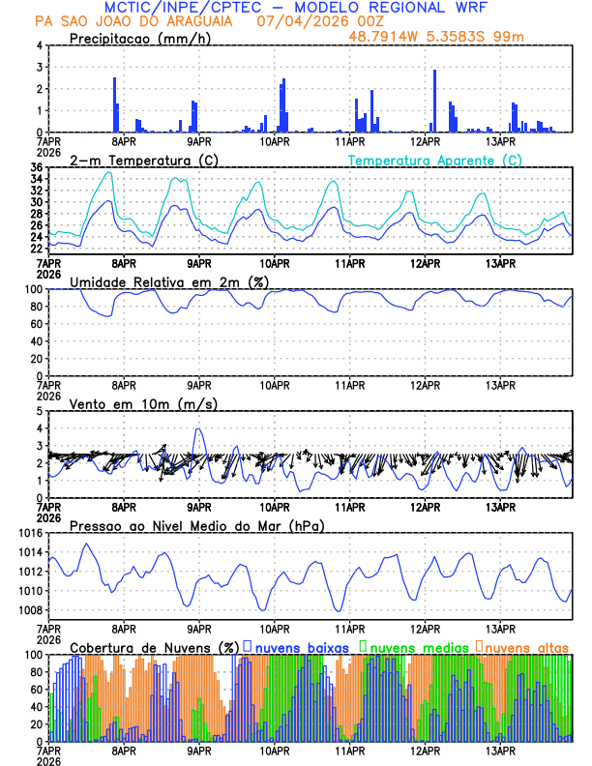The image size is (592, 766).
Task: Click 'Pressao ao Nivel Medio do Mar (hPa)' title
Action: coord(196,525)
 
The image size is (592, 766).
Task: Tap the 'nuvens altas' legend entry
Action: coord(523,646)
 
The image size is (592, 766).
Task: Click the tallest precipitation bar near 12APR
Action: coord(434,100)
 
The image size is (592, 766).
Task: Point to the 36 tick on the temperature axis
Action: coord(36,168)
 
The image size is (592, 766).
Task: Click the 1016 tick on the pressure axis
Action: coord(29,533)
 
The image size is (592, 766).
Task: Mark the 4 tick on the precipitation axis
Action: coord(39,45)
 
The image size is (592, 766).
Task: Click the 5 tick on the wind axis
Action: coord(39,411)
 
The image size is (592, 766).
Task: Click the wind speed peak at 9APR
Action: coord(198,428)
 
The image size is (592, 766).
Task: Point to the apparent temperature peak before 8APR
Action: coord(109,173)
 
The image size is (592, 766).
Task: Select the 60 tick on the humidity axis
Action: coord(35,324)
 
